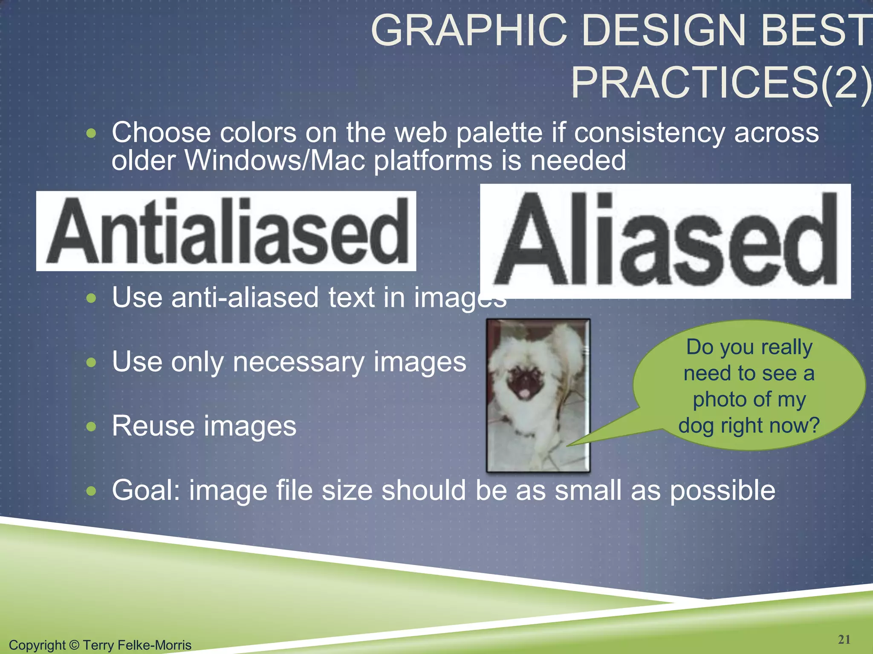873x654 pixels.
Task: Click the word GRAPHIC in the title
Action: [469, 31]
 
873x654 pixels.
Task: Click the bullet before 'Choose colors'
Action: [91, 134]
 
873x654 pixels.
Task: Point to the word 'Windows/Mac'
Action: [275, 161]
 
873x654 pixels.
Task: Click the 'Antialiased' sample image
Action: [226, 231]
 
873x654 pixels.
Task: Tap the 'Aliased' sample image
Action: [665, 241]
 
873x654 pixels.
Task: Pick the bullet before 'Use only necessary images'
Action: [91, 363]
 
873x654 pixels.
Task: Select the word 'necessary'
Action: [298, 363]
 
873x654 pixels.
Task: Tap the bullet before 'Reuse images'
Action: [91, 427]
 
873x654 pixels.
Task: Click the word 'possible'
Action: [723, 491]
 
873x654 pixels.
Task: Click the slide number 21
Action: [844, 640]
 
